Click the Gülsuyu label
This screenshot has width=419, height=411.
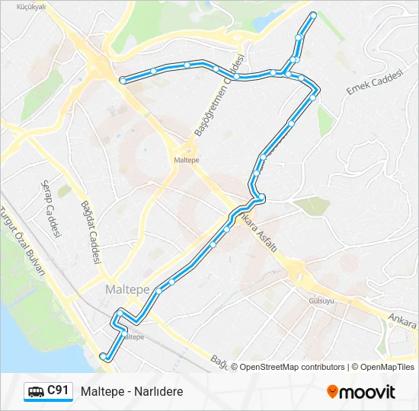321,301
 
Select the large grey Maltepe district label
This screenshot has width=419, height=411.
126,290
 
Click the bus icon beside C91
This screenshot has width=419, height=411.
36,392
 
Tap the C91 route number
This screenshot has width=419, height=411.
58,391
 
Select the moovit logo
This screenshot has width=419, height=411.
361,392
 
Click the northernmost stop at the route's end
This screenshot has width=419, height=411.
313,14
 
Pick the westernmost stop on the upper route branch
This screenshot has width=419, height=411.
123,79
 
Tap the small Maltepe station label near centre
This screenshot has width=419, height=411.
187,160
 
